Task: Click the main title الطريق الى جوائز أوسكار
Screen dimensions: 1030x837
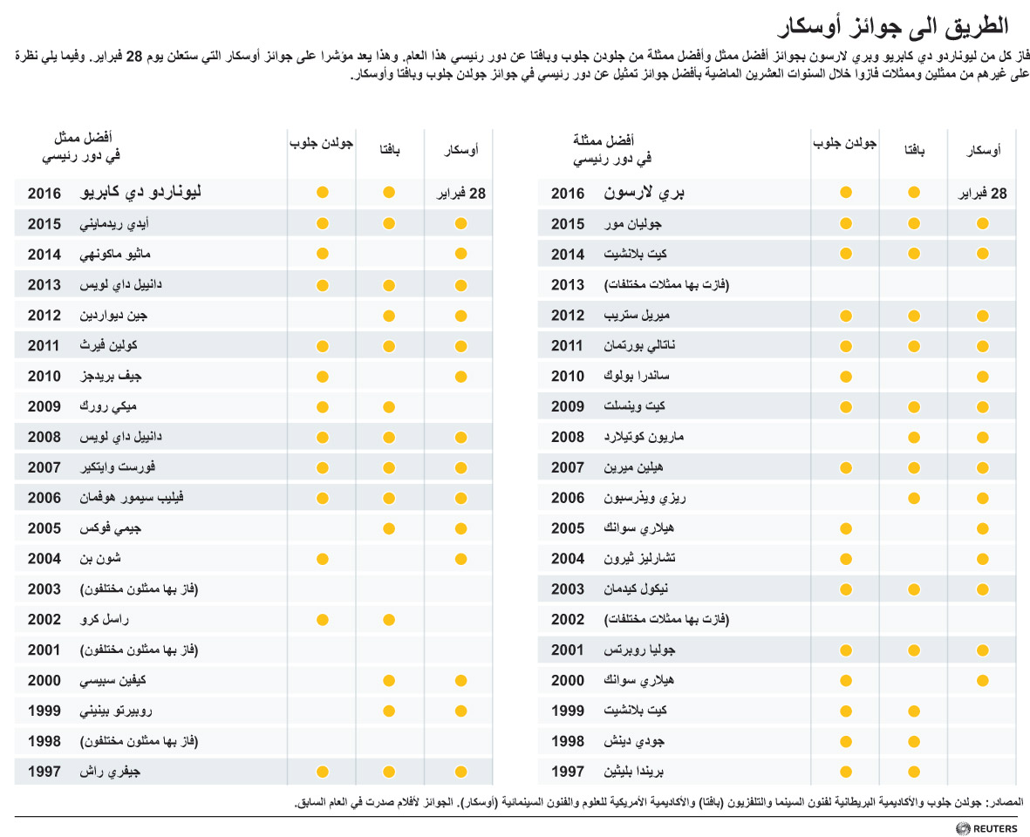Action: click(893, 25)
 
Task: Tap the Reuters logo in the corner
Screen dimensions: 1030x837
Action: click(986, 828)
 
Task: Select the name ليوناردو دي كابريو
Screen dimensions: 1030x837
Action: click(140, 192)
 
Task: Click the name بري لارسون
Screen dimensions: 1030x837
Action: click(644, 193)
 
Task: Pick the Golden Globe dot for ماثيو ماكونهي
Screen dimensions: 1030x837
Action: click(322, 254)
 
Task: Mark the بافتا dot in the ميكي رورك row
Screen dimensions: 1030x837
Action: click(389, 407)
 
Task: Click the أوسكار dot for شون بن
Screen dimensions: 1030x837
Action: click(460, 560)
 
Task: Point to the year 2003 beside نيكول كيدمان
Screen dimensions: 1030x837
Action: click(568, 589)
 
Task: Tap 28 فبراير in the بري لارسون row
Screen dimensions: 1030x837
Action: click(982, 193)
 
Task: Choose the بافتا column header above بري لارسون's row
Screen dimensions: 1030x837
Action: click(914, 150)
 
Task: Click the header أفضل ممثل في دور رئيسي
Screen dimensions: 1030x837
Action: click(82, 146)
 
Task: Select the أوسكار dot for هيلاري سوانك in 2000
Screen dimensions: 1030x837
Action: click(983, 681)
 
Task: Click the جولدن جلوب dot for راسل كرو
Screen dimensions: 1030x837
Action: click(322, 620)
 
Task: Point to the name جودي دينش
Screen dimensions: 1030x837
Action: click(634, 741)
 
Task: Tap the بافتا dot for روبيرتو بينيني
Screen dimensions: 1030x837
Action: click(389, 711)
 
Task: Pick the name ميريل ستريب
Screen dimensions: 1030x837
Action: click(637, 315)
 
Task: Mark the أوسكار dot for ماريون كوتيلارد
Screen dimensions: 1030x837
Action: click(983, 438)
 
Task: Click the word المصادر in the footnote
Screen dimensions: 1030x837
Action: click(1007, 801)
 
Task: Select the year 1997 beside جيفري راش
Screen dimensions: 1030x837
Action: click(44, 772)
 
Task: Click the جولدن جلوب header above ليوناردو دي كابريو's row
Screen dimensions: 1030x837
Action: click(321, 142)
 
